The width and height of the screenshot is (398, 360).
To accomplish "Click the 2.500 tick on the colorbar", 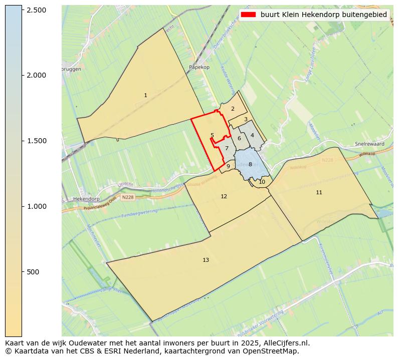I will [x=22, y=10].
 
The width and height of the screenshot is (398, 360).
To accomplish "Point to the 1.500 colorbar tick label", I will [x=36, y=141].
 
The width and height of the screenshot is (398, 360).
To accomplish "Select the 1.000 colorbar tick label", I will [x=36, y=206].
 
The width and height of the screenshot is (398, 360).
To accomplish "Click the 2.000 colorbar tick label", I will [x=36, y=75].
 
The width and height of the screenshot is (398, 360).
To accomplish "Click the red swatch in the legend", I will [x=248, y=15].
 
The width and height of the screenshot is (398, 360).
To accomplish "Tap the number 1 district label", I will [x=145, y=95].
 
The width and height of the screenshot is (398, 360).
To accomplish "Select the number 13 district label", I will [x=206, y=260].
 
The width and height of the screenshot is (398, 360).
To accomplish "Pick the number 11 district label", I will [x=319, y=192].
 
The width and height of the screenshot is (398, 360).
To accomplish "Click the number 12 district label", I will [x=224, y=196].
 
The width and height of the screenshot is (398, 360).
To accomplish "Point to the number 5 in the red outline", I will [x=212, y=135].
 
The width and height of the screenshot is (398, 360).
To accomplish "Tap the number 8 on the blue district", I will [x=250, y=164].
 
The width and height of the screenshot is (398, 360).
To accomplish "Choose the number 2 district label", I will [x=233, y=109].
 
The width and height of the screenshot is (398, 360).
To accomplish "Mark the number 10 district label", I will [x=262, y=182].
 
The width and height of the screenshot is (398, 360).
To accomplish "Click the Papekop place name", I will [x=199, y=67].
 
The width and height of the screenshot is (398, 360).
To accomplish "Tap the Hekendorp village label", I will [x=84, y=199].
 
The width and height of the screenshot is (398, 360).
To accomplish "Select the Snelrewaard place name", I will [x=369, y=144].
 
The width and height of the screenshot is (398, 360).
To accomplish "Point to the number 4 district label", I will [x=252, y=135].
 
